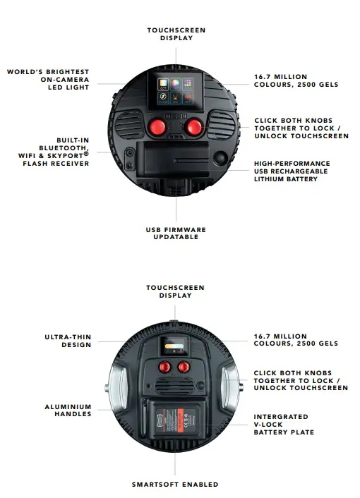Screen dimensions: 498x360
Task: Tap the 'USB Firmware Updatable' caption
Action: (x=175, y=233)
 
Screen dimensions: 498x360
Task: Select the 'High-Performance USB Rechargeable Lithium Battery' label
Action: (x=292, y=171)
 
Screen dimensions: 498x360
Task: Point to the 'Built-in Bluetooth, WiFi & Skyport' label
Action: (x=57, y=152)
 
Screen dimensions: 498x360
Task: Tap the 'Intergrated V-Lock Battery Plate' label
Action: (x=284, y=424)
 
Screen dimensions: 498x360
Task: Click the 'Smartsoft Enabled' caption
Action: (x=175, y=485)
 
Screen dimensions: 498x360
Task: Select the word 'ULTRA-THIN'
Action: (x=68, y=337)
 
